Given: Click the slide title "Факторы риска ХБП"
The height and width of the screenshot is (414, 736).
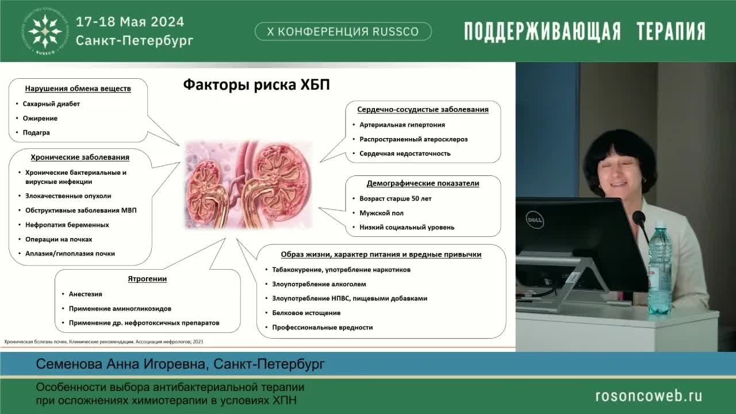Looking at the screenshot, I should (x=256, y=85).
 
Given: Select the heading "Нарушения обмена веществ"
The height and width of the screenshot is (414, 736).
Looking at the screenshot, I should (x=78, y=89).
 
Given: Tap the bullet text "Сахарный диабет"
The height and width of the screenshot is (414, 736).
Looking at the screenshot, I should (x=51, y=104).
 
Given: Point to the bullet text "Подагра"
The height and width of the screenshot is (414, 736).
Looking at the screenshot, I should (x=36, y=133).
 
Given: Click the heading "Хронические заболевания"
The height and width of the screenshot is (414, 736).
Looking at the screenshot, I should (x=80, y=157).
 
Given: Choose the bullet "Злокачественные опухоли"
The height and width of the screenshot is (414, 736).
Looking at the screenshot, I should (x=68, y=196).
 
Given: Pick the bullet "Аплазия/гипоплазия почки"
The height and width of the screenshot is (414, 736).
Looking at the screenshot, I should (x=70, y=254).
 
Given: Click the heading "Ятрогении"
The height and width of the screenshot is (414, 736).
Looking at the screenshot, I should (x=147, y=279).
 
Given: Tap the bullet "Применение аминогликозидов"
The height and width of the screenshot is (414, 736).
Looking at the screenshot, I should (x=120, y=309).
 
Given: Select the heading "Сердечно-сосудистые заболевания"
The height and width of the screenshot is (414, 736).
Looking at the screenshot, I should (x=423, y=109).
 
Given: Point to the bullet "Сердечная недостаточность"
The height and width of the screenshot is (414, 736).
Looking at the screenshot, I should (x=405, y=154).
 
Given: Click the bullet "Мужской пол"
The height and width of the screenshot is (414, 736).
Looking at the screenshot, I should (x=381, y=213).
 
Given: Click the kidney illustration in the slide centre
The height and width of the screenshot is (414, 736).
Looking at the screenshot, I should (x=248, y=185).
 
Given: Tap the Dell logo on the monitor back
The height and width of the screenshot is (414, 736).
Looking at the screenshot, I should (x=534, y=219).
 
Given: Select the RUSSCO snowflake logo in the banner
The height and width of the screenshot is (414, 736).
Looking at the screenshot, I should (x=45, y=31).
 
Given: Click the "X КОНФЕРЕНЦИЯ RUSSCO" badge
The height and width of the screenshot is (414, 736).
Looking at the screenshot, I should (x=343, y=32).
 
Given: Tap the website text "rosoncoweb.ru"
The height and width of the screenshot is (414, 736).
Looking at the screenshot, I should (x=648, y=396).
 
